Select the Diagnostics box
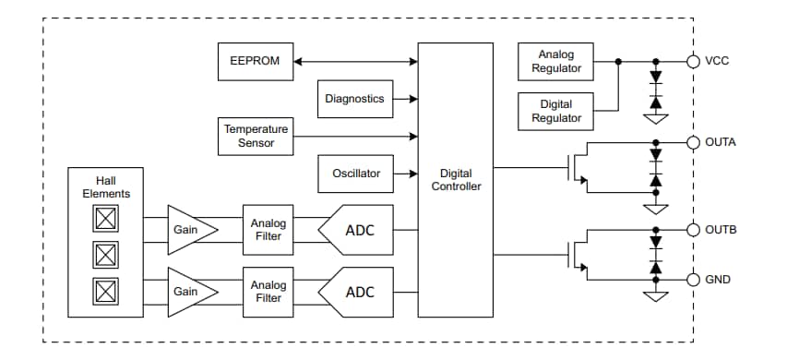[353, 99]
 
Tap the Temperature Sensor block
[256, 136]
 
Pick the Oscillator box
[355, 173]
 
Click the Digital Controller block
[455, 180]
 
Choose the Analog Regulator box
[556, 62]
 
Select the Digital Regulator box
[556, 111]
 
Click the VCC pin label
[717, 62]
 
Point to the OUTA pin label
[720, 142]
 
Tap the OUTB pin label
[720, 229]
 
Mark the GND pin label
[718, 279]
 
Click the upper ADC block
[357, 230]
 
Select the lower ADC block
[357, 292]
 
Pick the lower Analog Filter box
[268, 292]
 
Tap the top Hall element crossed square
[106, 219]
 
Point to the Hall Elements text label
[106, 187]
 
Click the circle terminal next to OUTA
[693, 142]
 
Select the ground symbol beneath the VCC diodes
[656, 118]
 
